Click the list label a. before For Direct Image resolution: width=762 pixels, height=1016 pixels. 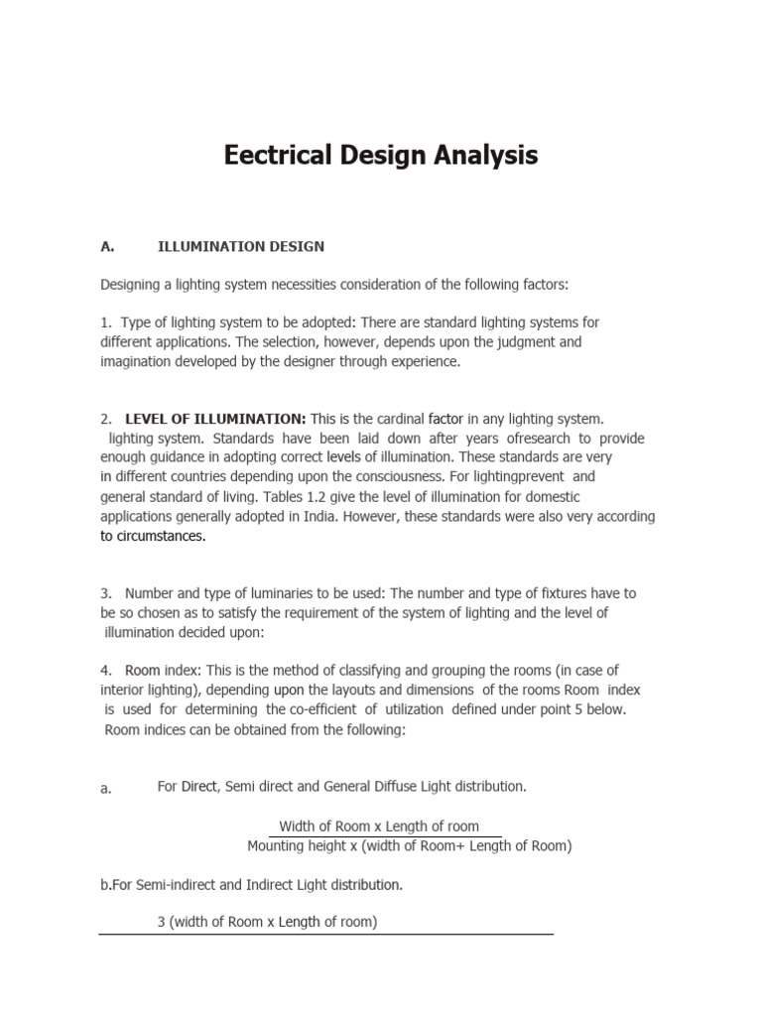tap(106, 788)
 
